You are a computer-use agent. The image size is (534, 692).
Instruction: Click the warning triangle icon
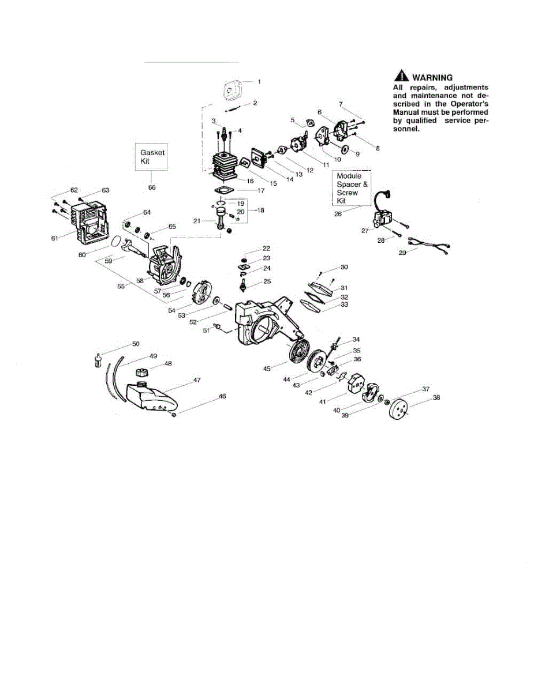point(401,77)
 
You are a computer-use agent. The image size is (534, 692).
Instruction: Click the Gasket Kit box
point(152,157)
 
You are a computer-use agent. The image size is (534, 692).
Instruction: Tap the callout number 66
point(152,187)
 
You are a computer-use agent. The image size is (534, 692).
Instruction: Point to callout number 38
point(436,398)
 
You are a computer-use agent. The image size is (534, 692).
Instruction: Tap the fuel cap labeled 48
point(143,373)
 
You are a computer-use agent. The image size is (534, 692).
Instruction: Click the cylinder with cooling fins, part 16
point(226,164)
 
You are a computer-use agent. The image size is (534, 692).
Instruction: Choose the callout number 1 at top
point(259,82)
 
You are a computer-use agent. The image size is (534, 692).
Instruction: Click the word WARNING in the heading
point(432,77)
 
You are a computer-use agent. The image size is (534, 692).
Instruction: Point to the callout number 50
point(136,344)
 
